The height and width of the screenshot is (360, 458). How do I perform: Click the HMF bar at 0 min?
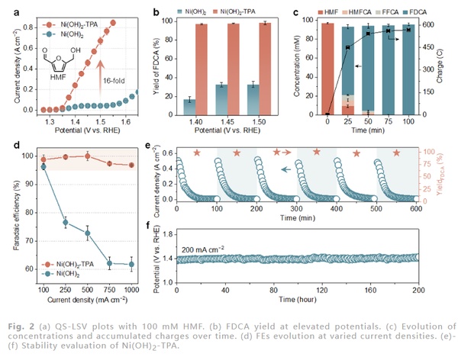click(x=328, y=69)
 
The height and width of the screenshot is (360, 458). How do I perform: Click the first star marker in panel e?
click(x=197, y=153)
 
